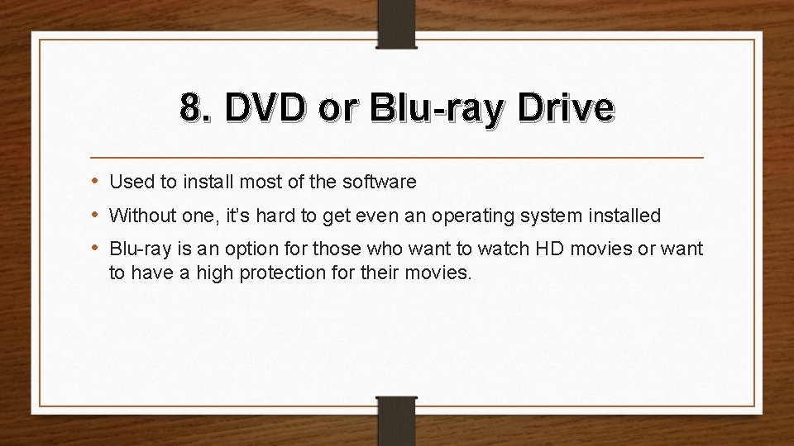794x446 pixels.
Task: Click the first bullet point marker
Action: [x=98, y=180]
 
